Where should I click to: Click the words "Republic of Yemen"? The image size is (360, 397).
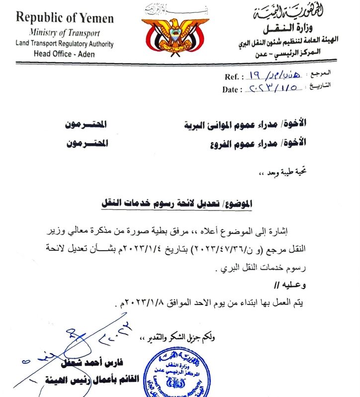pos(65,18)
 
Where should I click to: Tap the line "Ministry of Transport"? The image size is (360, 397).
pos(64,33)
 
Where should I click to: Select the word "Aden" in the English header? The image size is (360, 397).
pos(92,54)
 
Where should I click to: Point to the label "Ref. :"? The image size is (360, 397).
pos(234,77)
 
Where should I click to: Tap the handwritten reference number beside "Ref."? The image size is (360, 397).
pos(271,76)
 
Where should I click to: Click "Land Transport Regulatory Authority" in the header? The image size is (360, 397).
pos(65,44)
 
